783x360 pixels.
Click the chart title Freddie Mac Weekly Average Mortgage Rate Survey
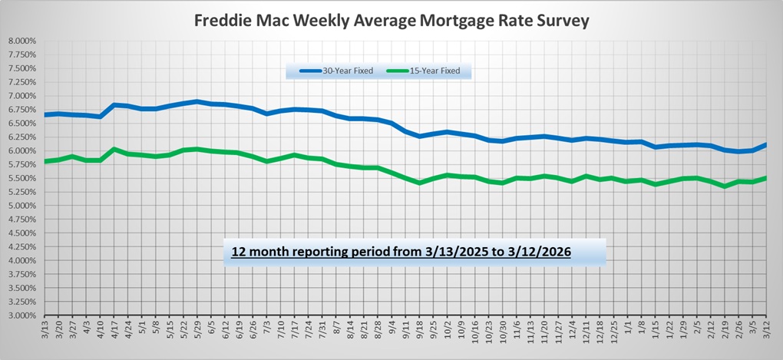click(391, 20)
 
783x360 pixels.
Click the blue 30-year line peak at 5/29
click(198, 101)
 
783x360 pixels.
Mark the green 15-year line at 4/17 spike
click(114, 149)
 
